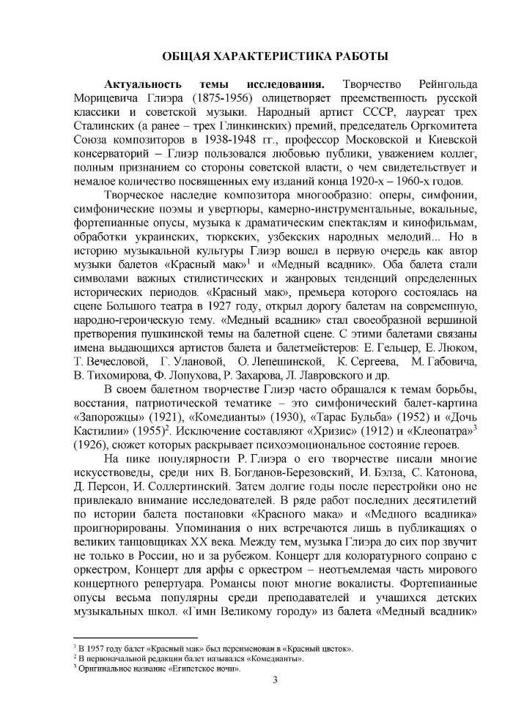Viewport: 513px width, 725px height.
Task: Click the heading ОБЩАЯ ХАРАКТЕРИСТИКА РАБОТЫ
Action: (x=274, y=56)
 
